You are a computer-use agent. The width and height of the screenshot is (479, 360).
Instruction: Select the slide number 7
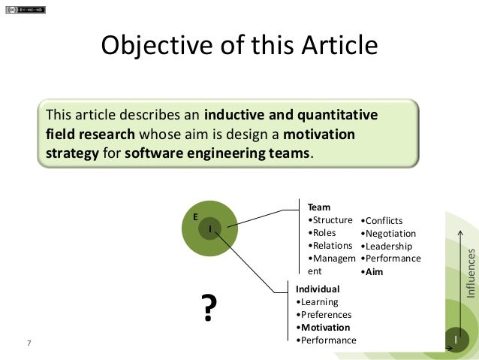(29, 343)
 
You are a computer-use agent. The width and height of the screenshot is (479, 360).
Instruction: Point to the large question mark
(211, 307)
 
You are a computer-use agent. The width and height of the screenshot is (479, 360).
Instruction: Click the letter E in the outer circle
(195, 216)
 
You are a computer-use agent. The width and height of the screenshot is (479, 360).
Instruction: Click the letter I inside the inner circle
(210, 228)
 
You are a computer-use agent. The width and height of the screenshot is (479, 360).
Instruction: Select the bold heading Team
(319, 207)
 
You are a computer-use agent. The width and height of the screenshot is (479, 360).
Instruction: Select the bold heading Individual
(318, 289)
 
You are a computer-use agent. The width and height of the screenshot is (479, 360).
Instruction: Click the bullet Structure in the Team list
(331, 219)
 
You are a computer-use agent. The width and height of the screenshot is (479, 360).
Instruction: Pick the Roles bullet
(324, 232)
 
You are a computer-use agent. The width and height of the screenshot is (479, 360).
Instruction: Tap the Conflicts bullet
(381, 220)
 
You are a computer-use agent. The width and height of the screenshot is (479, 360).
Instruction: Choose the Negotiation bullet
(388, 233)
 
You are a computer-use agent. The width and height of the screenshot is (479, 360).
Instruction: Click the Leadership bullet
(387, 246)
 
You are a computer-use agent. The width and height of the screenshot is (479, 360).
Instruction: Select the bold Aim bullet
(372, 271)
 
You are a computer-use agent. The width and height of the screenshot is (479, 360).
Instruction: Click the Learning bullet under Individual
(318, 301)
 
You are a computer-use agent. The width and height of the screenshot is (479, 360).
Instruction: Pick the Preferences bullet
(325, 314)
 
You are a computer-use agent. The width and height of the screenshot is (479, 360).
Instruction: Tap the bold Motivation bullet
(324, 327)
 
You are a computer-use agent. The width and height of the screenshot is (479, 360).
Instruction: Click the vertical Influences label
(471, 271)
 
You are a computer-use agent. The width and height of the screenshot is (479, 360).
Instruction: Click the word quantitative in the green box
(337, 116)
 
